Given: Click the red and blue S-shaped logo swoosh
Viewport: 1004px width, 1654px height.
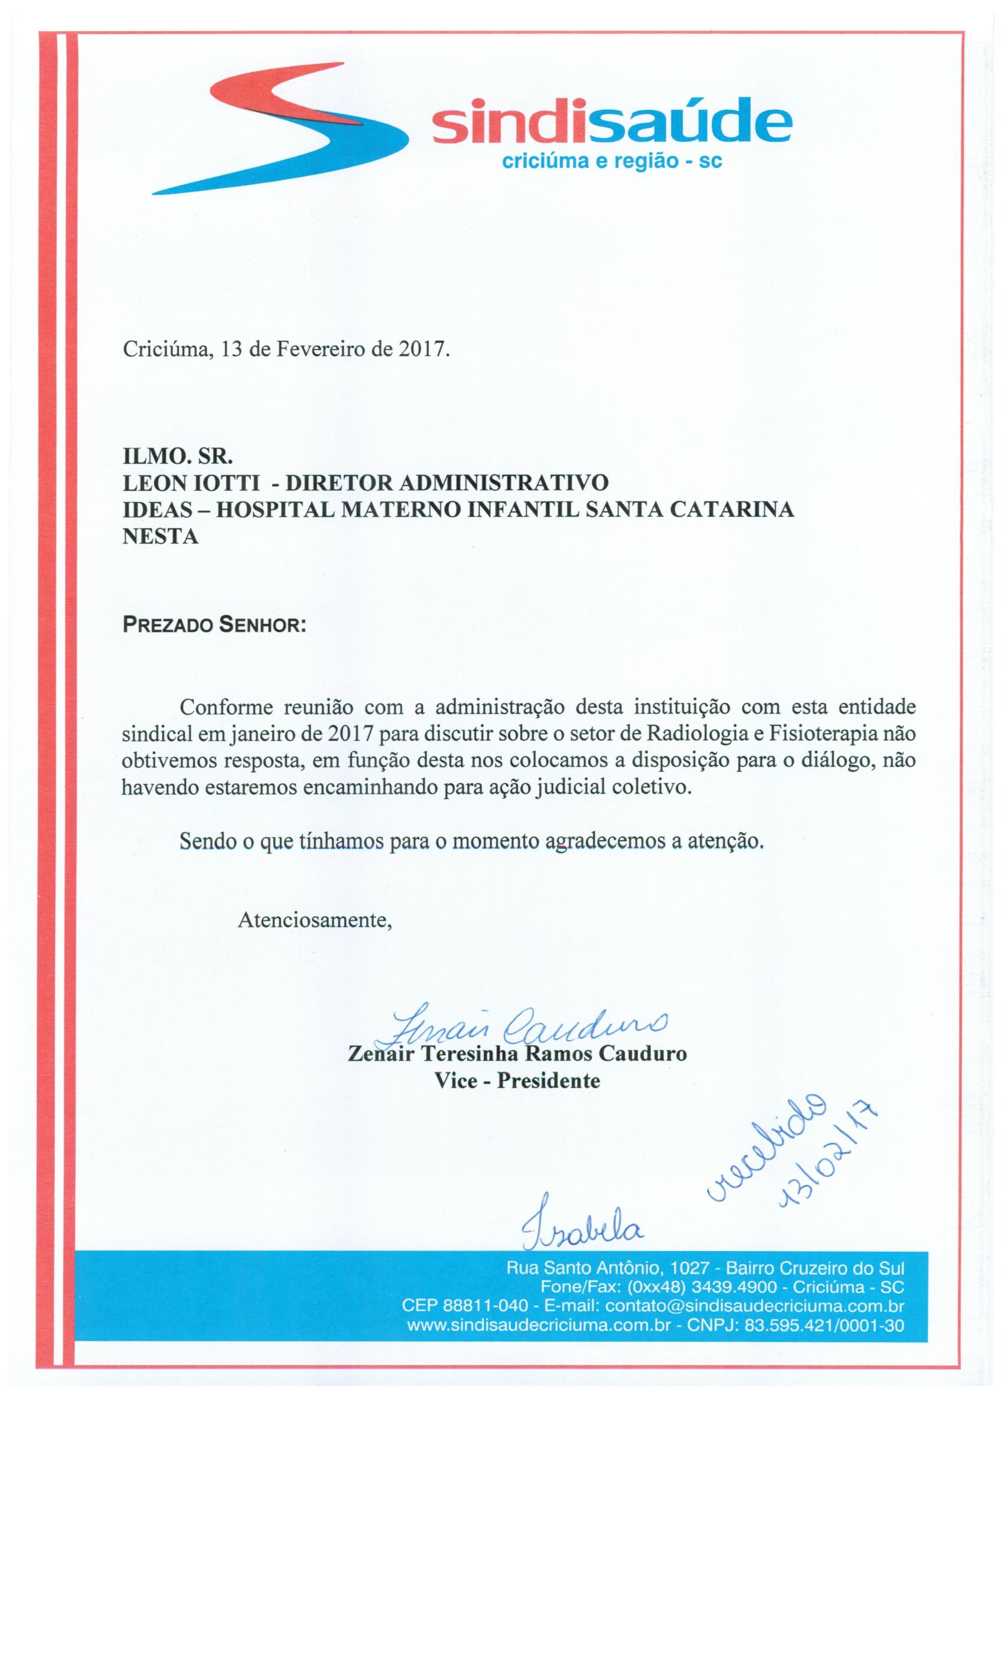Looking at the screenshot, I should (282, 128).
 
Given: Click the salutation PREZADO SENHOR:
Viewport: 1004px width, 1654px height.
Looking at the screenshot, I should (214, 626).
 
